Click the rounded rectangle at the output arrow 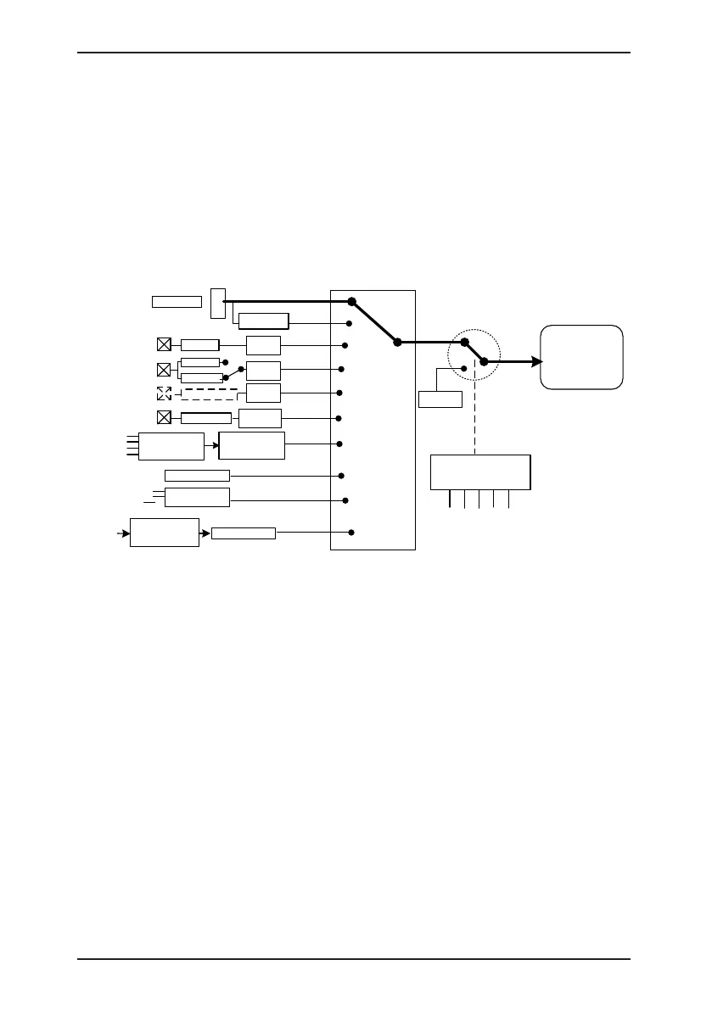581,356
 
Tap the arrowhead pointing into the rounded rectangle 537,361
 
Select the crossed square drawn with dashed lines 164,393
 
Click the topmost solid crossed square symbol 164,344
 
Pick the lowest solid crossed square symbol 164,417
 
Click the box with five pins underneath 480,472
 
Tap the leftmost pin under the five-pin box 450,499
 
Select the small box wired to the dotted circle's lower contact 440,399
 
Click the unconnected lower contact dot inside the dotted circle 463,368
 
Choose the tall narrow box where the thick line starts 217,303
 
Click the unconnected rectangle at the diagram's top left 177,301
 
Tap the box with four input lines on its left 171,445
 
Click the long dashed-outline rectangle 210,393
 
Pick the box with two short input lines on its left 197,497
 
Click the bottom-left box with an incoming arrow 164,533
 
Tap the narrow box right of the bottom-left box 244,533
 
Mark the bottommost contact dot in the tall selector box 350,533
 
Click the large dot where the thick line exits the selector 396,342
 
